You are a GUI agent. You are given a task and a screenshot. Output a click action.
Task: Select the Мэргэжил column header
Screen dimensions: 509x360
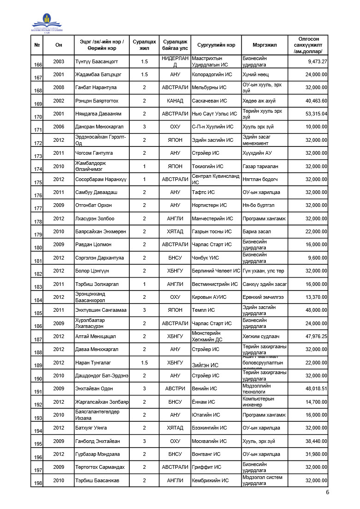(x=264, y=45)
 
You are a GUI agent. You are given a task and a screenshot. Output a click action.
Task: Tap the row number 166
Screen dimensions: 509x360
(x=38, y=64)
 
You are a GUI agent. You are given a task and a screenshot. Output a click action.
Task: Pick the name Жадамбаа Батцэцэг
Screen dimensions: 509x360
(x=98, y=74)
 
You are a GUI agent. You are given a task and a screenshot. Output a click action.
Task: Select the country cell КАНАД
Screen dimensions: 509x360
(x=175, y=101)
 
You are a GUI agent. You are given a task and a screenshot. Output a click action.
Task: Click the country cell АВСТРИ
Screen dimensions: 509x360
(x=175, y=388)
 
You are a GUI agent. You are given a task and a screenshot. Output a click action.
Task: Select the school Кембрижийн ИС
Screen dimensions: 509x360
(x=210, y=480)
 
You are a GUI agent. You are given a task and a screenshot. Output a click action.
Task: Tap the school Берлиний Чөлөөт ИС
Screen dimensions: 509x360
(x=216, y=271)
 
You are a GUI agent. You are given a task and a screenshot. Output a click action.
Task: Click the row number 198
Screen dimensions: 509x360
(x=38, y=483)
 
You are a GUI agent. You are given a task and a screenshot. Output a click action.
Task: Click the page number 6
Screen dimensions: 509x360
(x=327, y=492)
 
